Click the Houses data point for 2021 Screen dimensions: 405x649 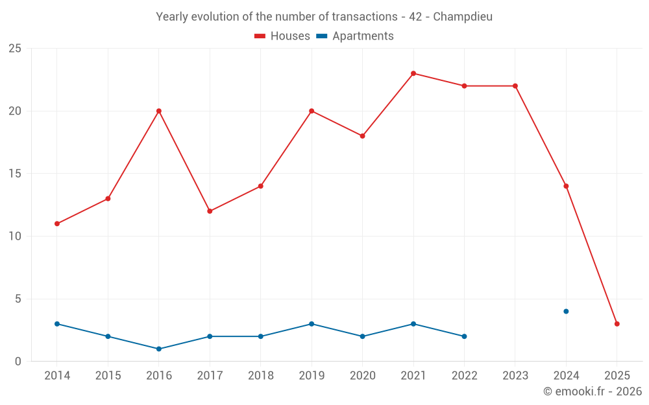[413, 73]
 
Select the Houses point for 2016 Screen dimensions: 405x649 [158, 111]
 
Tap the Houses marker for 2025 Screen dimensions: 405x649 [617, 324]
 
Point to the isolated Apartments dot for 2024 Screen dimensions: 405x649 [566, 311]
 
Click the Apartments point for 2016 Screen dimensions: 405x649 [158, 349]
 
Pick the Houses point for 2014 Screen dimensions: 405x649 [57, 224]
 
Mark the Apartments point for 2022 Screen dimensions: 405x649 [464, 336]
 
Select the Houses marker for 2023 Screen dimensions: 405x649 [515, 86]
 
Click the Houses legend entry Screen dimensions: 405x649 [282, 36]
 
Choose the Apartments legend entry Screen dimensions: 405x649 [355, 36]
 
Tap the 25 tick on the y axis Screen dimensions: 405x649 [15, 49]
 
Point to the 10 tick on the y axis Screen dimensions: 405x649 [15, 237]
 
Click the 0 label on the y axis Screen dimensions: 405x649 [18, 362]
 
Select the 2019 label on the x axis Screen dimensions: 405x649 [312, 376]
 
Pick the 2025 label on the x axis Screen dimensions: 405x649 [617, 376]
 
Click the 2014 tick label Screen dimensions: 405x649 [57, 376]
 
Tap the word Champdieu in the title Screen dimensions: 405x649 [462, 17]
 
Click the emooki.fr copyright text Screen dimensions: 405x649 [592, 391]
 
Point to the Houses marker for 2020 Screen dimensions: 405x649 [362, 136]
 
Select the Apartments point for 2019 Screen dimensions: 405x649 [312, 324]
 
